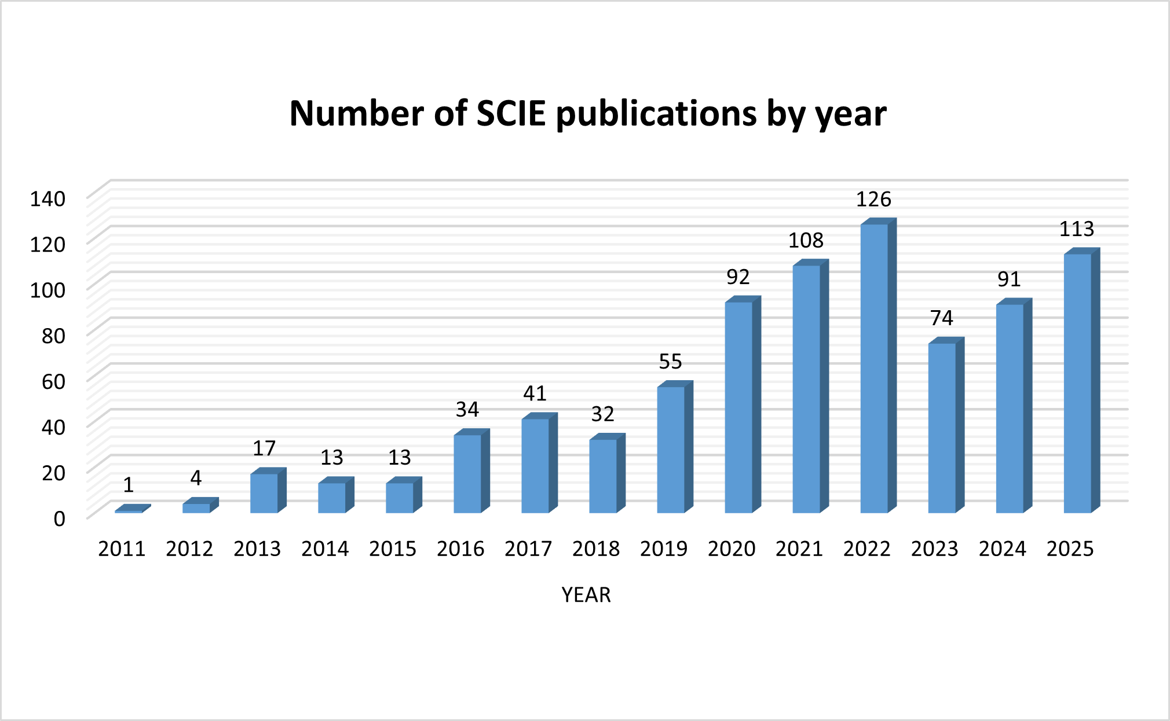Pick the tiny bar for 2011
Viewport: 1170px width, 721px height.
coord(129,511)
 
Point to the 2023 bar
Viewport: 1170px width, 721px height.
coord(942,428)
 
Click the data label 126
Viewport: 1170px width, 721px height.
coord(873,200)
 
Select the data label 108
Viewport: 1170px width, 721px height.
coord(806,241)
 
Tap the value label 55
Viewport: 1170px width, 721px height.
coord(670,362)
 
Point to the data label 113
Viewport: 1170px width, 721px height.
coord(1077,230)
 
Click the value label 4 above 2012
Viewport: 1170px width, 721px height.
coord(196,479)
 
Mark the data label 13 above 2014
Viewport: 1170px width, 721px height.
coord(332,458)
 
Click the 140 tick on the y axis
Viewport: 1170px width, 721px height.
coord(48,199)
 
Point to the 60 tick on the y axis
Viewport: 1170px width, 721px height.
coord(53,382)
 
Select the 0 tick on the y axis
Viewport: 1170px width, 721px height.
coord(59,519)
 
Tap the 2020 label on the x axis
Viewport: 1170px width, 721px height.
coord(732,549)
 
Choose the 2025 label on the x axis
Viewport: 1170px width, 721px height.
coord(1070,549)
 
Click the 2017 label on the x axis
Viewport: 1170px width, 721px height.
coord(528,549)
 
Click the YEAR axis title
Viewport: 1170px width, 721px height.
coord(586,595)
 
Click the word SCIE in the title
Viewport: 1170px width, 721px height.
coord(511,113)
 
